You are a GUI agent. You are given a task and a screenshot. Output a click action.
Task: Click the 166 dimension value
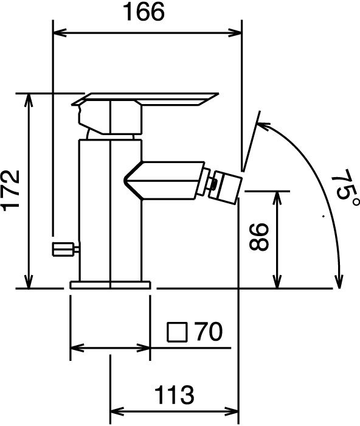click(144, 12)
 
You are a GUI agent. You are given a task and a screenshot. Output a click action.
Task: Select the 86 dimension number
click(258, 237)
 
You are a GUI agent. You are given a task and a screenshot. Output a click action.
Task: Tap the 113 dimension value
click(175, 395)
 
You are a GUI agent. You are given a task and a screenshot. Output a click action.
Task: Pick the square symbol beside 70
click(178, 332)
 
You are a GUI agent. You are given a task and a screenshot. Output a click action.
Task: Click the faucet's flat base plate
click(110, 285)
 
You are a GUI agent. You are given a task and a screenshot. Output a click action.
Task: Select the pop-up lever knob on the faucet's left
click(66, 249)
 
